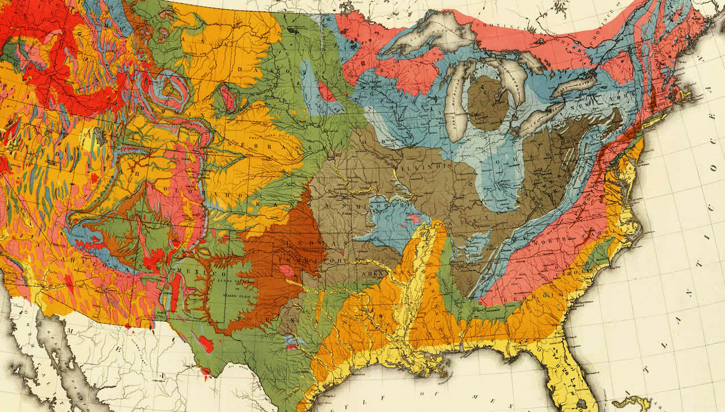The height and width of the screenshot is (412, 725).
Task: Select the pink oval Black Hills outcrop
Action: point(228,97)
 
